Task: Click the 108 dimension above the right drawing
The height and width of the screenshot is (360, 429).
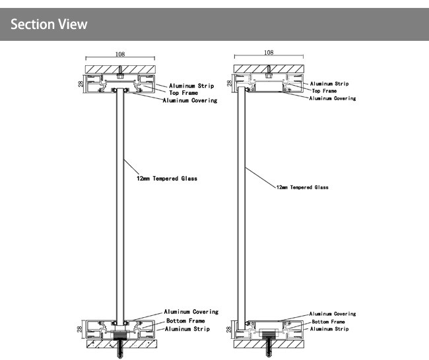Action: point(268,52)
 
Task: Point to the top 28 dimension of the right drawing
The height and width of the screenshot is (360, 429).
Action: point(230,84)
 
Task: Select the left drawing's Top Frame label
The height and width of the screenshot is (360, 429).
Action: point(184,93)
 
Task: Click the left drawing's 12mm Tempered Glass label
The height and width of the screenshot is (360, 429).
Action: point(167,179)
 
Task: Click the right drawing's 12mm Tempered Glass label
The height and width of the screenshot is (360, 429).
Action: point(302,187)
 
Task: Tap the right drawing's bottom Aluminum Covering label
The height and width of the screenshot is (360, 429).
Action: point(333,314)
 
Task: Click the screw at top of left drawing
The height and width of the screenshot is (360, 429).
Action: point(119,70)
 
